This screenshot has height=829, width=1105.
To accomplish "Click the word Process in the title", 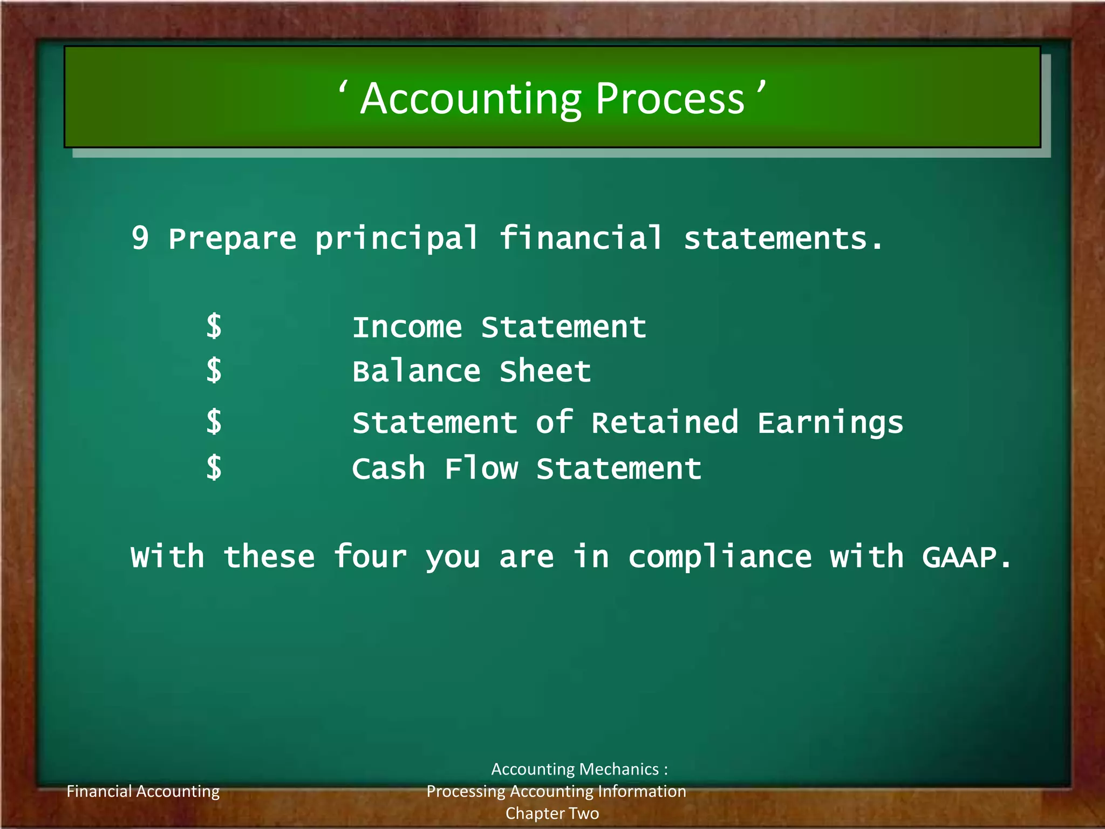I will (670, 99).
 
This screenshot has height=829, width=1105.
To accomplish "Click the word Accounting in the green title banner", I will (472, 99).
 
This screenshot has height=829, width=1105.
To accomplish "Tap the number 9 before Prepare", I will (140, 238).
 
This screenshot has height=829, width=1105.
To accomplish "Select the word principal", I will (397, 239).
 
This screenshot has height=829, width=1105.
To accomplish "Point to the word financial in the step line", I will (581, 238).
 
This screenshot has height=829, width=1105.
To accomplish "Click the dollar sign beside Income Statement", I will (214, 327).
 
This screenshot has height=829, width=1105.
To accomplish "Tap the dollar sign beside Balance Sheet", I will (214, 371).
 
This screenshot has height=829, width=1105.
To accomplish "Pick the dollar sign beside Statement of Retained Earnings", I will (214, 422).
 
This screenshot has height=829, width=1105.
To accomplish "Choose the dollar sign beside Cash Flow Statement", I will (214, 467).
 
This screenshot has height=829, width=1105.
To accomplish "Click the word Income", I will (407, 328).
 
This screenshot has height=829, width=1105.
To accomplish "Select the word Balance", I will (416, 371).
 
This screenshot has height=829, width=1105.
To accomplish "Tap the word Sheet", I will (545, 371).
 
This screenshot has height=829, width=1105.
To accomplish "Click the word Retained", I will (665, 423).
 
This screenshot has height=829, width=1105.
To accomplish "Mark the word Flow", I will (481, 468).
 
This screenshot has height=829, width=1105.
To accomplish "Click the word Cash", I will (388, 468).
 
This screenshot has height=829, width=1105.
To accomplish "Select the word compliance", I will (720, 558).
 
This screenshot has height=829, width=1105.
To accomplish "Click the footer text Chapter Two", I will (552, 813).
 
